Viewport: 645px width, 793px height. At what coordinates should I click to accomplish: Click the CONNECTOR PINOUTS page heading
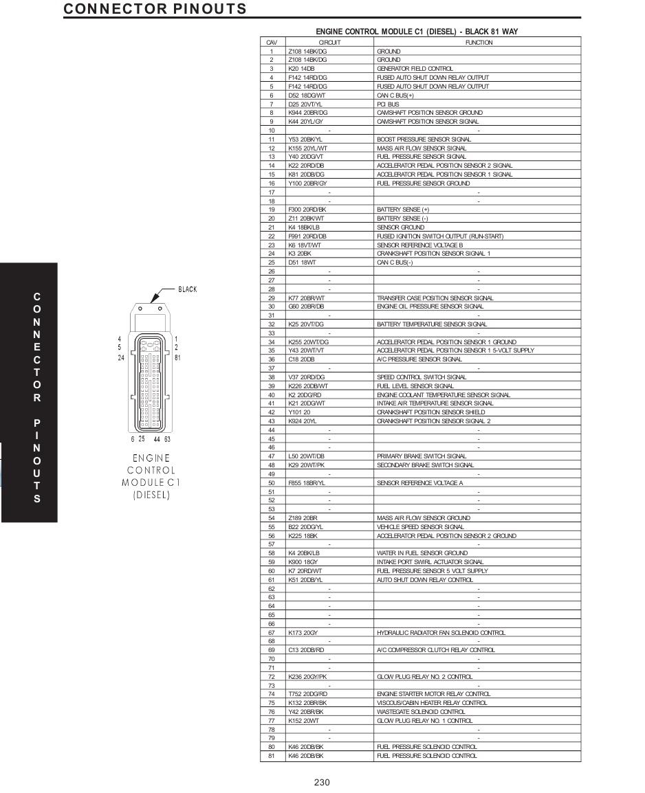[155, 9]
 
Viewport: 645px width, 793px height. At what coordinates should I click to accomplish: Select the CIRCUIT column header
[329, 43]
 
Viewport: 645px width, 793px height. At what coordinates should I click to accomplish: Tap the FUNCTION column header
[478, 43]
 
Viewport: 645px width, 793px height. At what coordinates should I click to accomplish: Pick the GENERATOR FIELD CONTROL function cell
[415, 69]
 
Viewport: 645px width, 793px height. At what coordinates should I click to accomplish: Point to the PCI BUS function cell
[388, 104]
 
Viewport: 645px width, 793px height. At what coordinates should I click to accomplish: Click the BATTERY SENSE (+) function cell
[403, 210]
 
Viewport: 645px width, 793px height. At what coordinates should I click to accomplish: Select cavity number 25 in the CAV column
[272, 263]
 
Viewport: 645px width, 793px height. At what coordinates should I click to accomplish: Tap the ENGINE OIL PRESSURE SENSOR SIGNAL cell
[430, 306]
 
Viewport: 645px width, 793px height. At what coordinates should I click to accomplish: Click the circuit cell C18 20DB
[301, 359]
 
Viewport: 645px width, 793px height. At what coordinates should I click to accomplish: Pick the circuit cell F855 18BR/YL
[307, 483]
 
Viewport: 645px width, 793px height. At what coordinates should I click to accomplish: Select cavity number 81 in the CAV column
[272, 756]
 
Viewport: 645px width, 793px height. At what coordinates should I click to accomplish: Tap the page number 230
[322, 782]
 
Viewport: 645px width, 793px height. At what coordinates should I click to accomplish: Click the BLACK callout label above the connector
[188, 289]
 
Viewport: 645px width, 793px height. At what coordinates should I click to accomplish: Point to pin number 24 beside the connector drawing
[121, 358]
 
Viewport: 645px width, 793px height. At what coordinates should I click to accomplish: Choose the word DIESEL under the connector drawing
[151, 495]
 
